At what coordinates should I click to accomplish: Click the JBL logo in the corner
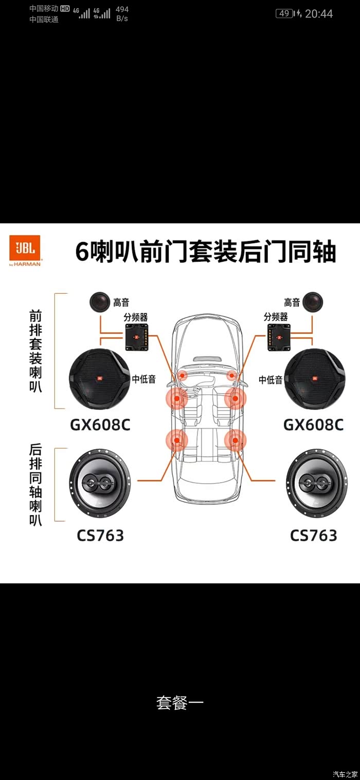[x=25, y=250]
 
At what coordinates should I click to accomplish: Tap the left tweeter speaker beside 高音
[x=100, y=302]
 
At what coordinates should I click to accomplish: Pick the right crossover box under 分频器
[x=278, y=337]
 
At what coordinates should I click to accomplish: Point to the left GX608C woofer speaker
[x=99, y=379]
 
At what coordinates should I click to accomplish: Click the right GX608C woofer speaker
[x=314, y=379]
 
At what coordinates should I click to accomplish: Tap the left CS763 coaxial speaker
[x=99, y=483]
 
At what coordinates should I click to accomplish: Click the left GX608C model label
[x=100, y=425]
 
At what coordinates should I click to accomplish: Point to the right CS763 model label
[x=313, y=535]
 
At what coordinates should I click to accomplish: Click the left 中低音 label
[x=144, y=380]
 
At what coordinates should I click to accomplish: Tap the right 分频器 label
[x=276, y=317]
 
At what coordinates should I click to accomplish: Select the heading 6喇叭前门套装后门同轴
[x=206, y=252]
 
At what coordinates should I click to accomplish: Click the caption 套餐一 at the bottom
[x=180, y=703]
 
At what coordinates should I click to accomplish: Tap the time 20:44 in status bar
[x=319, y=14]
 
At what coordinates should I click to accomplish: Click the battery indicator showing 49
[x=284, y=13]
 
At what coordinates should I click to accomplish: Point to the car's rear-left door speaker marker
[x=177, y=440]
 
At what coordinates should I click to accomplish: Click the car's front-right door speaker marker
[x=236, y=398]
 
